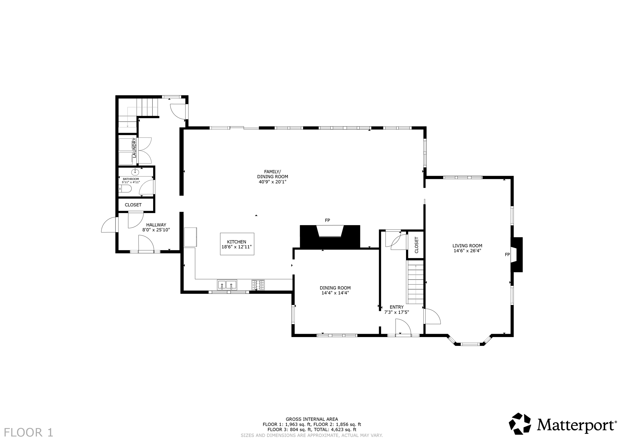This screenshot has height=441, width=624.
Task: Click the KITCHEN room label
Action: click(x=236, y=242)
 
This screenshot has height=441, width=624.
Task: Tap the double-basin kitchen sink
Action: click(x=227, y=285)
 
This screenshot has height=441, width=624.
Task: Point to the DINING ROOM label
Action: click(x=335, y=288)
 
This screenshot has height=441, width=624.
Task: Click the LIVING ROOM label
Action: click(x=467, y=246)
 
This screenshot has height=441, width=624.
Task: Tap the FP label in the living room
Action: click(x=507, y=255)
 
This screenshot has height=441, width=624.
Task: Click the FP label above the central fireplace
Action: click(x=327, y=220)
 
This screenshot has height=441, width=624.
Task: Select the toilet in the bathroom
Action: click(x=126, y=189)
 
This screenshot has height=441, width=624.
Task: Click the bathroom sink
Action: click(x=135, y=172)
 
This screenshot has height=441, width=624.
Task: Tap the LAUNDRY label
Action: click(x=134, y=148)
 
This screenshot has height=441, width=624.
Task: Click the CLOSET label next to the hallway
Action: click(x=133, y=205)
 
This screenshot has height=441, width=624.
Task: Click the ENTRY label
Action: click(x=396, y=307)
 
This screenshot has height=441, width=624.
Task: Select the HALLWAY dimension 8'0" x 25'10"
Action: click(x=156, y=230)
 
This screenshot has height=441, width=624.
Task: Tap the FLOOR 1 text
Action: click(x=28, y=432)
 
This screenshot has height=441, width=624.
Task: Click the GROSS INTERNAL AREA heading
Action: click(x=312, y=419)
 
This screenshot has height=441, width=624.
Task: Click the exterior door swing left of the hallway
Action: click(x=109, y=226)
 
